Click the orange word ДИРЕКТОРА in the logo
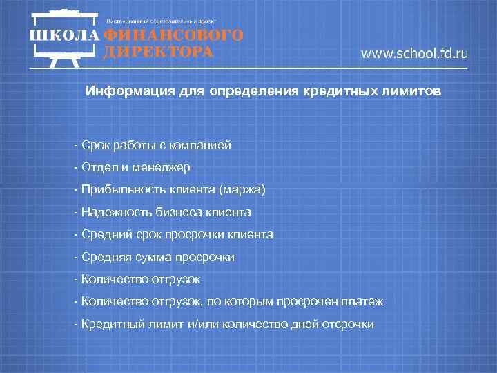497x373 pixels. (158, 52)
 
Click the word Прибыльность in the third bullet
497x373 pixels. (113, 190)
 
